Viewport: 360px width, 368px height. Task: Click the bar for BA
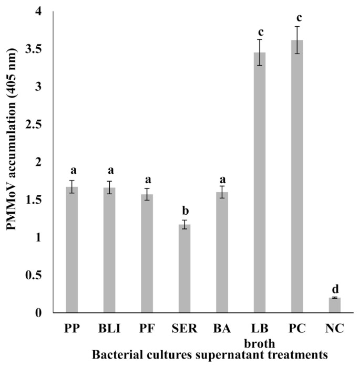point(222,253)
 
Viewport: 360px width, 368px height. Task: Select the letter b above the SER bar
point(184,211)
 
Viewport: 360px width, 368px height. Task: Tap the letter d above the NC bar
point(335,289)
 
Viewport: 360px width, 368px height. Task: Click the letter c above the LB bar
point(260,31)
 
